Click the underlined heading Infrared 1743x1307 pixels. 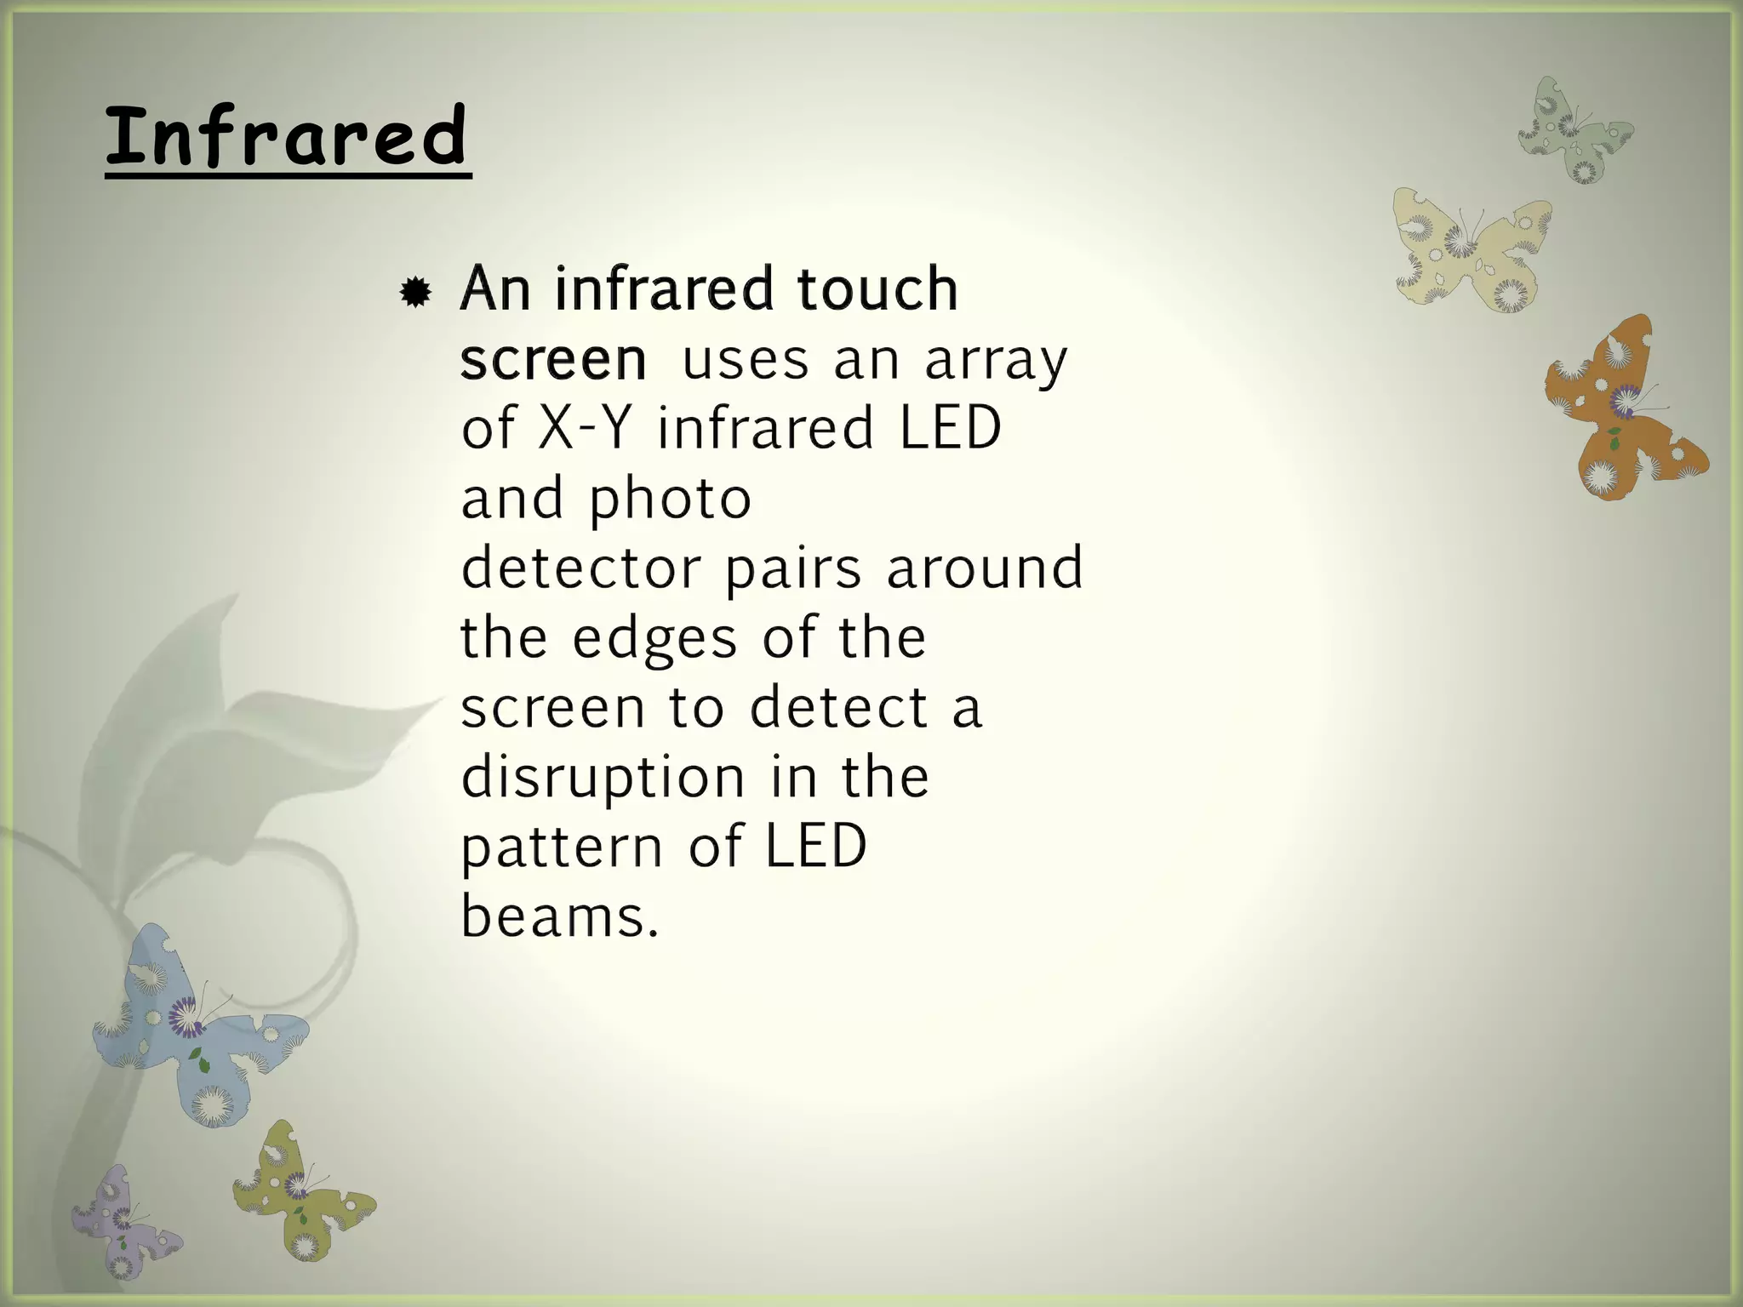(287, 136)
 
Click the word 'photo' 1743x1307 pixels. (671, 499)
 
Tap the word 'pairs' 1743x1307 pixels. (793, 569)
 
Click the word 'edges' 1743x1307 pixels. (654, 639)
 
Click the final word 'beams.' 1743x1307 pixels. (560, 917)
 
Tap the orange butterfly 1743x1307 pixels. (1620, 408)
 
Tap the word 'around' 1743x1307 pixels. (985, 568)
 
